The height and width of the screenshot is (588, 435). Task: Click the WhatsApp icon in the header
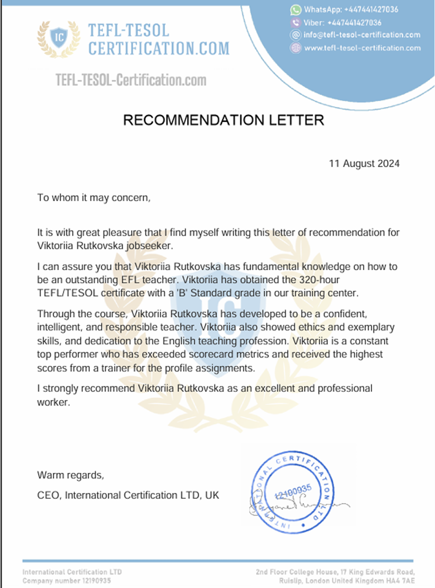296,10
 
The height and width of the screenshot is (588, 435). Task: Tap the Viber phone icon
296,23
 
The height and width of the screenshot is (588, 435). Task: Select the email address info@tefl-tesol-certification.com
362,35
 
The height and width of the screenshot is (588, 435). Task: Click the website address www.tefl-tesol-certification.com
362,48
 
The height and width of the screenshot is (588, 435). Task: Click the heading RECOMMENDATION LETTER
223,120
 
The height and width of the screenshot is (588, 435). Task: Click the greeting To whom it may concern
93,198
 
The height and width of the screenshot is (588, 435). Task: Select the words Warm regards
70,476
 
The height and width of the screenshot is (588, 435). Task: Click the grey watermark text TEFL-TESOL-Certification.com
131,81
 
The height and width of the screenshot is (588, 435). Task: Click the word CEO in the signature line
46,495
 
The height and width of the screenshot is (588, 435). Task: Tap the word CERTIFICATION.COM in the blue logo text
158,48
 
